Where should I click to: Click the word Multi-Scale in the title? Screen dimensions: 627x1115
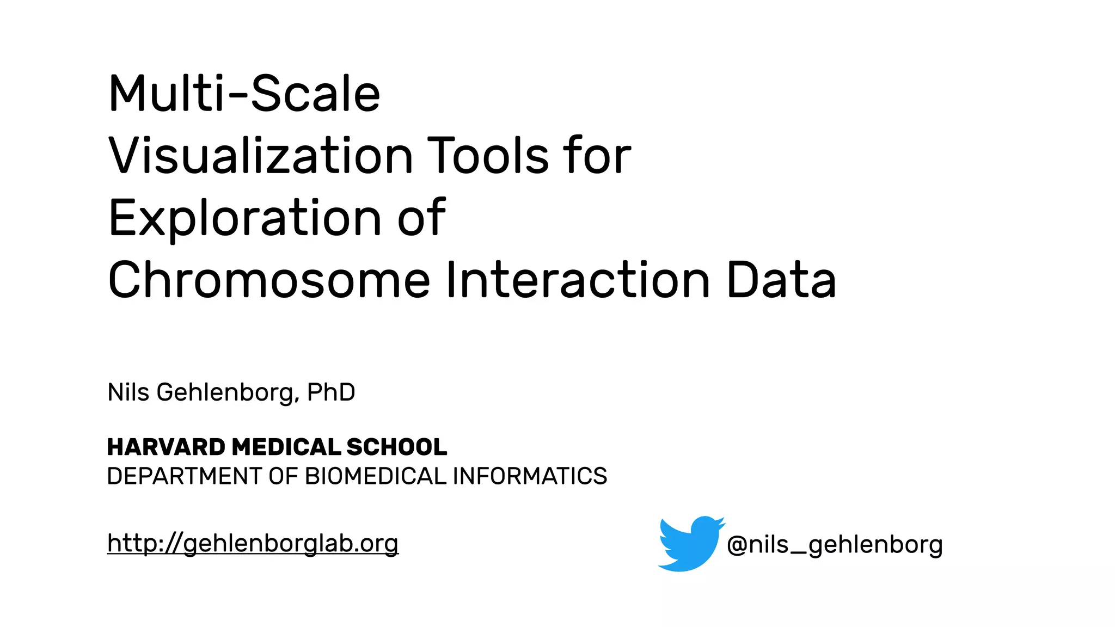click(x=244, y=94)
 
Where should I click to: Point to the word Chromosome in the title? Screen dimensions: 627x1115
click(x=269, y=280)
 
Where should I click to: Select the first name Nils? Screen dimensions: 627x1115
click(x=128, y=392)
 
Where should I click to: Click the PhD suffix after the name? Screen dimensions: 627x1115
click(x=331, y=392)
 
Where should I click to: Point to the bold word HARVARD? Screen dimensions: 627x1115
click(x=166, y=447)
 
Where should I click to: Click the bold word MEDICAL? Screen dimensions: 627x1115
click(x=286, y=447)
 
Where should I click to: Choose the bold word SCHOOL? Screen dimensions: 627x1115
click(x=396, y=447)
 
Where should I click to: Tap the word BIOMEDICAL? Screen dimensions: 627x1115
click(x=376, y=476)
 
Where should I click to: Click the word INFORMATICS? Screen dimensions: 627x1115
click(x=530, y=476)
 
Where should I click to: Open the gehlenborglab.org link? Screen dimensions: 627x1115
click(x=253, y=544)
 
